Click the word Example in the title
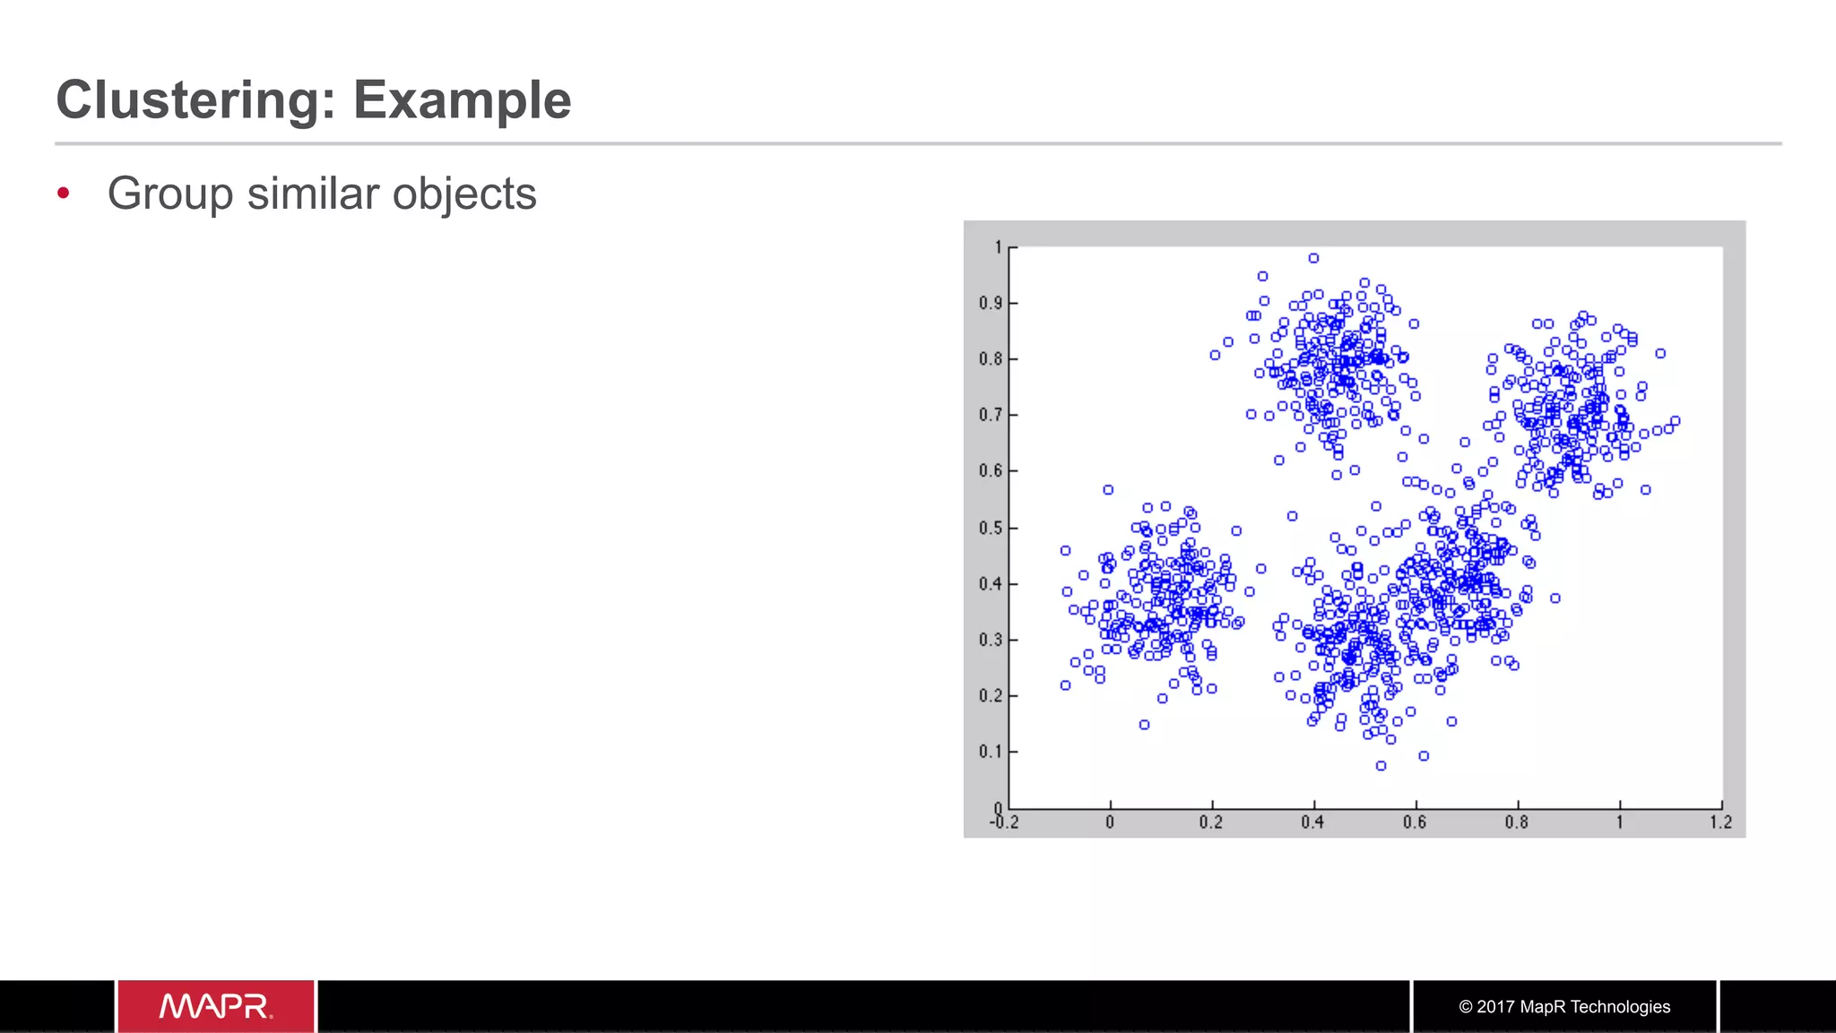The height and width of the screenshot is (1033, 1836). (462, 99)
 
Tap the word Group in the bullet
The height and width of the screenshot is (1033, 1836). (170, 194)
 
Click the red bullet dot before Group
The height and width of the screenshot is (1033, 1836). (63, 193)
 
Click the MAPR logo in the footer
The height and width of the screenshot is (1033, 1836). (215, 1006)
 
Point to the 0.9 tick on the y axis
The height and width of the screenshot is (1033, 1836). (990, 303)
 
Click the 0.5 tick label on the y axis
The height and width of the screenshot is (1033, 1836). (990, 528)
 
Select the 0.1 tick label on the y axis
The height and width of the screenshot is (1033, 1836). (990, 752)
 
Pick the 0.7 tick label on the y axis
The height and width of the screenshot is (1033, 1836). (990, 415)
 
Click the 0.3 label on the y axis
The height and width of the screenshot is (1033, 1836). (990, 640)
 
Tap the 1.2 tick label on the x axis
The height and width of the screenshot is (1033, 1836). (1720, 822)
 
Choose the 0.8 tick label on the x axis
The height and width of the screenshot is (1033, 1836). (1517, 822)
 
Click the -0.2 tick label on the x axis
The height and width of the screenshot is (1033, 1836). (1004, 822)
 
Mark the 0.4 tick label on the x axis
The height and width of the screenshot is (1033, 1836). (1312, 822)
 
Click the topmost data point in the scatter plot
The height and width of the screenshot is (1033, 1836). (1313, 258)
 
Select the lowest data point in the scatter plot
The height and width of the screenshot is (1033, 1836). (1381, 766)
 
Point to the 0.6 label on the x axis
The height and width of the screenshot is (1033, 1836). (1415, 822)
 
